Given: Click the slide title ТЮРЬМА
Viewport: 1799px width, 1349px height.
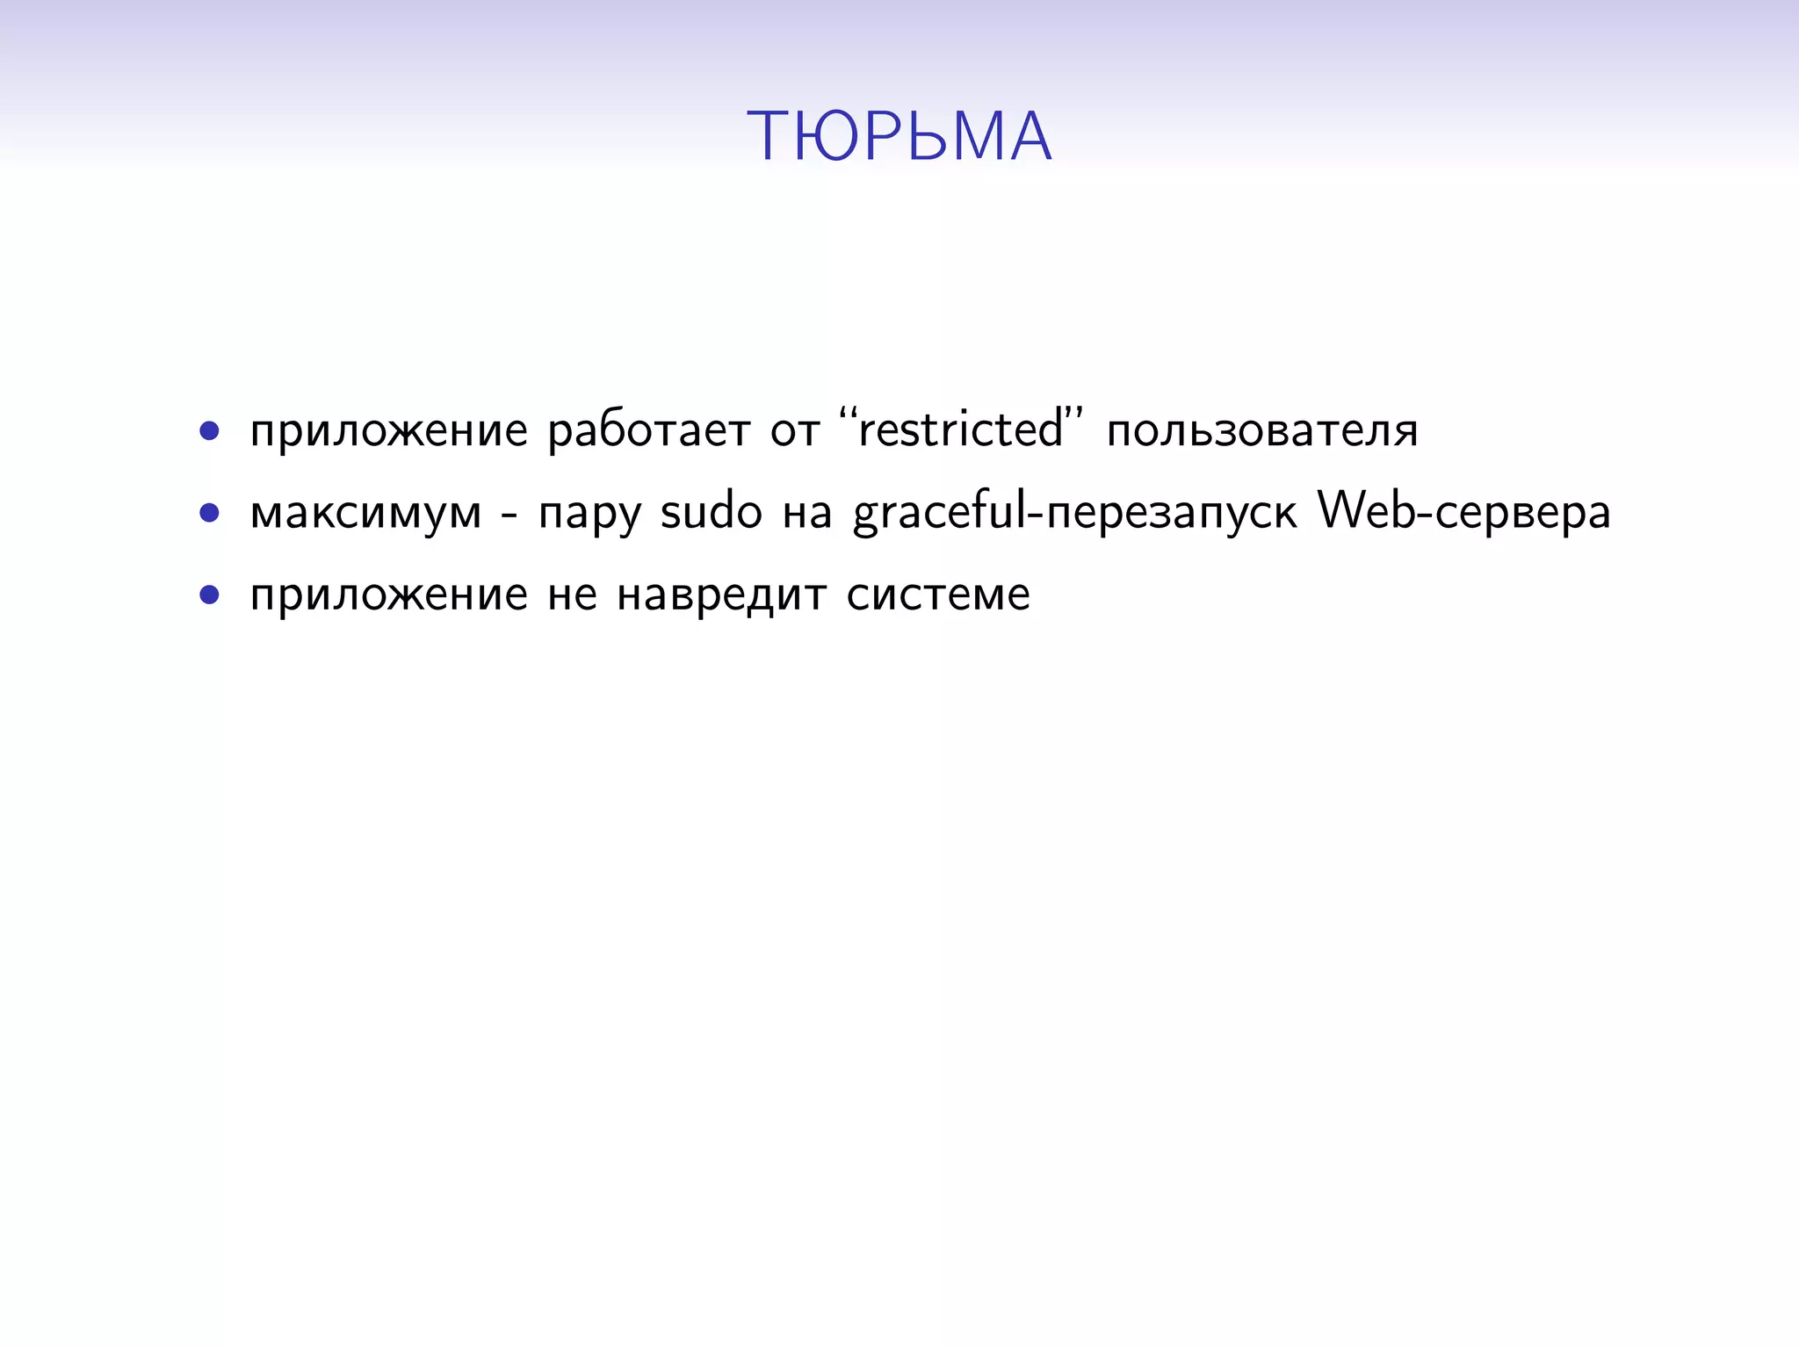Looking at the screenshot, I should click(899, 137).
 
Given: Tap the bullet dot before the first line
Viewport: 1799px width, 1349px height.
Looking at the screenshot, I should click(209, 430).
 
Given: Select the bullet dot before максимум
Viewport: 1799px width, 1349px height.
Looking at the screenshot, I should click(209, 513).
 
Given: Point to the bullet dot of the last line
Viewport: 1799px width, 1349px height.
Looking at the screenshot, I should click(209, 595).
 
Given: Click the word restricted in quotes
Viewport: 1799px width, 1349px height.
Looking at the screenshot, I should click(961, 430).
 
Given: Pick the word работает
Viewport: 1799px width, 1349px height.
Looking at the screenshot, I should click(649, 432).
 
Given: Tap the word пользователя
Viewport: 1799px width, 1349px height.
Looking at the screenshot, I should click(1262, 432).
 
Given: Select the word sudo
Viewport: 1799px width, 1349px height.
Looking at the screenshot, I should click(711, 512).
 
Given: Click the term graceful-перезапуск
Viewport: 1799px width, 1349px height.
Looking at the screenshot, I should click(1074, 514).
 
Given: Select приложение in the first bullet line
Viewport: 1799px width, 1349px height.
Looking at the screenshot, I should click(389, 432).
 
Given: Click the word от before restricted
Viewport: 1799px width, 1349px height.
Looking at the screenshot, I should click(795, 432).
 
